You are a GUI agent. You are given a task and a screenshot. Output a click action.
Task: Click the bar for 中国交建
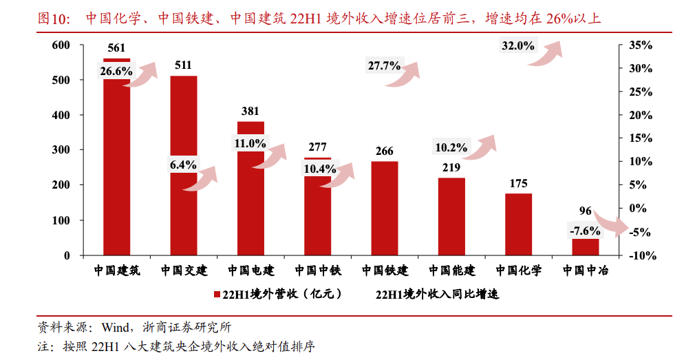pyautogui.click(x=184, y=207)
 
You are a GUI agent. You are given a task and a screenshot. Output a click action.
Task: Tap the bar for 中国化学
pyautogui.click(x=518, y=224)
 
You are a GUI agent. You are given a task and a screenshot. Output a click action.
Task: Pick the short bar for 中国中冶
pyautogui.click(x=586, y=246)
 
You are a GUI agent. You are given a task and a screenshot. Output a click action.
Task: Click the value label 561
pyautogui.click(x=116, y=47)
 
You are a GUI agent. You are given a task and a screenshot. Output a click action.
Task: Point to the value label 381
pyautogui.click(x=250, y=112)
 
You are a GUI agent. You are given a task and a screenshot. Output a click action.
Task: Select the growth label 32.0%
pyautogui.click(x=517, y=46)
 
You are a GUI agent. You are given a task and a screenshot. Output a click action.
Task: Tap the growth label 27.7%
pyautogui.click(x=384, y=66)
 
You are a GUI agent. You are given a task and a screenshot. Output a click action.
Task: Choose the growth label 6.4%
pyautogui.click(x=184, y=165)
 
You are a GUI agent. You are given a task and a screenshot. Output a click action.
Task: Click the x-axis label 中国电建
pyautogui.click(x=250, y=271)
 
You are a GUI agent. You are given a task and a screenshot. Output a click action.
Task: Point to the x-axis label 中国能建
pyautogui.click(x=451, y=271)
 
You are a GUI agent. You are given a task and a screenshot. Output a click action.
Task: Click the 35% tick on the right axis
pyautogui.click(x=639, y=45)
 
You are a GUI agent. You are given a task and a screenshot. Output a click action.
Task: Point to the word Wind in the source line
pyautogui.click(x=114, y=326)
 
